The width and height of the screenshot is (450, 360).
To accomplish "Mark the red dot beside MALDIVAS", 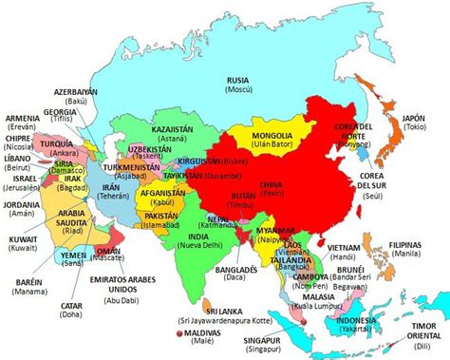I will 178,335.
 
